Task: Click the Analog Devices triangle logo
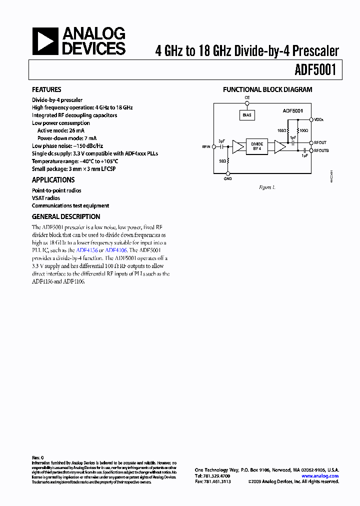pyautogui.click(x=45, y=41)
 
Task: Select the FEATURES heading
pyautogui.click(x=46, y=89)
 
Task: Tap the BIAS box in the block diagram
pyautogui.click(x=246, y=115)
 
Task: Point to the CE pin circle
pyautogui.click(x=246, y=103)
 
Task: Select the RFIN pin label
pyautogui.click(x=206, y=147)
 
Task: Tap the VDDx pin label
pyautogui.click(x=319, y=120)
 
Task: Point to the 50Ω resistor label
pyautogui.click(x=222, y=161)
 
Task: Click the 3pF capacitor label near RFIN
pyautogui.click(x=221, y=141)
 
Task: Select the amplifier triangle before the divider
pyautogui.click(x=237, y=147)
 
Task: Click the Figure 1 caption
pyautogui.click(x=267, y=187)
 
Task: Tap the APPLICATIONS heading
pyautogui.click(x=53, y=180)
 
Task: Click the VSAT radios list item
pyautogui.click(x=46, y=198)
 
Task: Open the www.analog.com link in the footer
pyautogui.click(x=320, y=476)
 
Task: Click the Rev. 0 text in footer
pyautogui.click(x=38, y=457)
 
